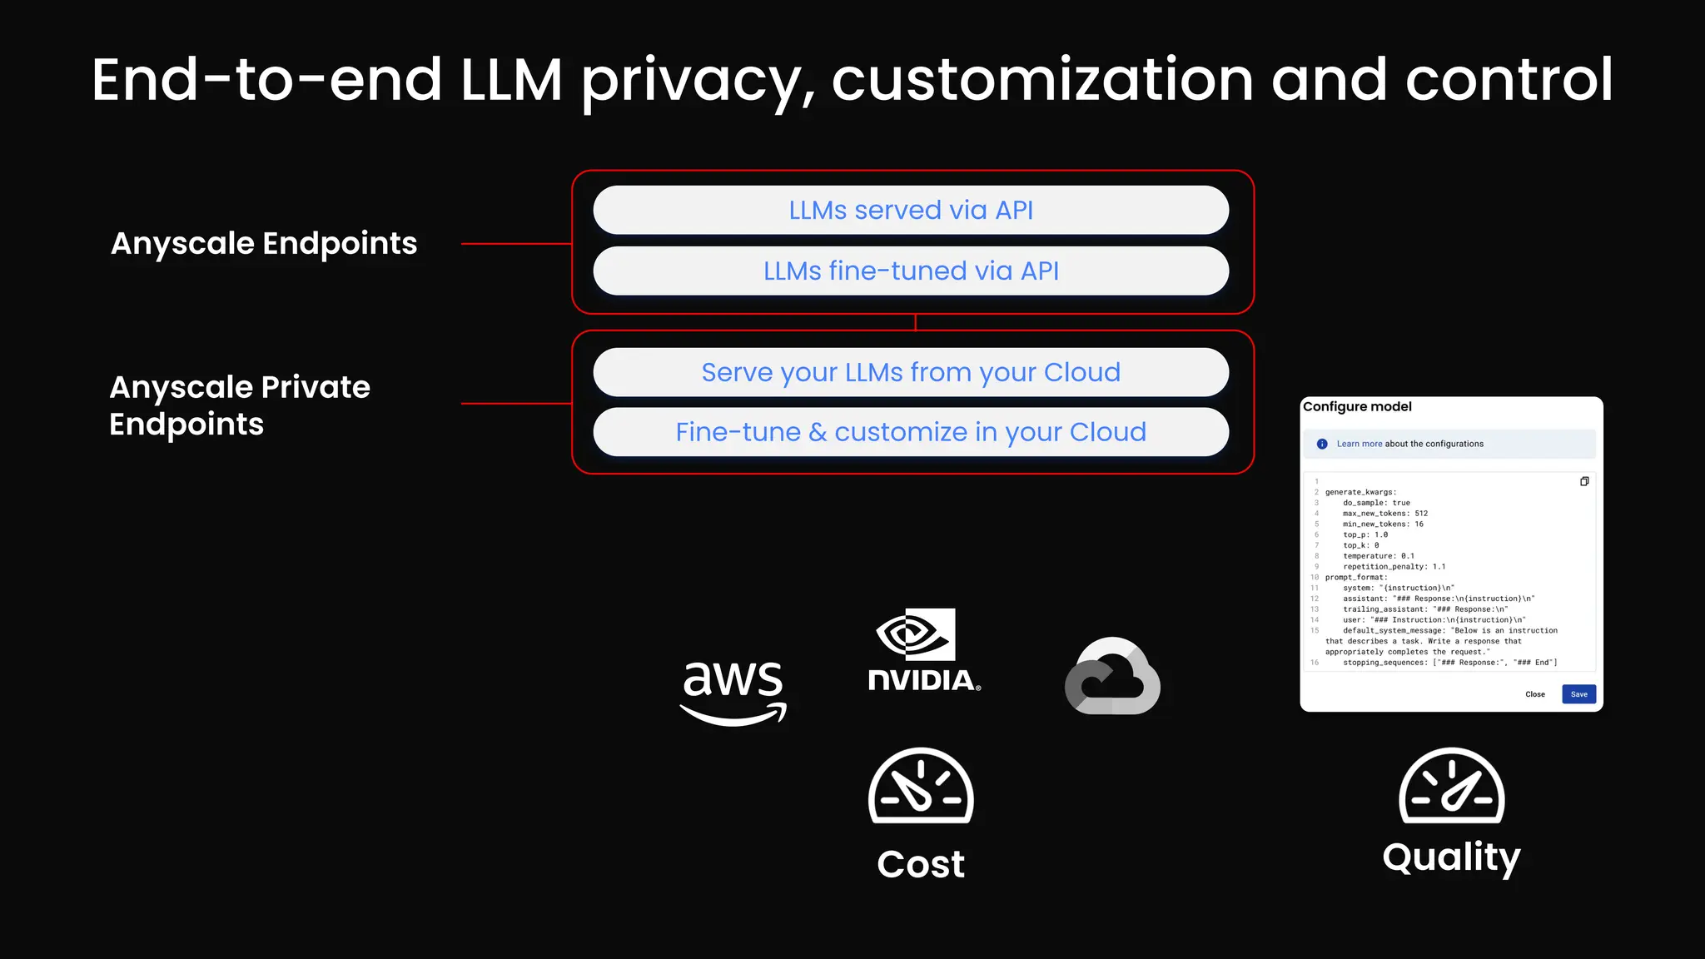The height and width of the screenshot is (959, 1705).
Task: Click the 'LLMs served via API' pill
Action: click(911, 210)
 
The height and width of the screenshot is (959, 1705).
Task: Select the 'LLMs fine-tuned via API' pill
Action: click(911, 271)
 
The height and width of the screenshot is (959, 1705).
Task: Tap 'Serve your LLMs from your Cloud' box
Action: click(911, 372)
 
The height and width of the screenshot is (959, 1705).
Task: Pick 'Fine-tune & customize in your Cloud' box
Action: click(911, 432)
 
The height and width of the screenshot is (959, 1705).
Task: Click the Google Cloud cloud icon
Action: click(1112, 676)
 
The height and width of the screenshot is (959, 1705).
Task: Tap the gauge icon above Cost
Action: click(921, 786)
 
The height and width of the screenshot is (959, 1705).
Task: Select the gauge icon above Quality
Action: click(1451, 786)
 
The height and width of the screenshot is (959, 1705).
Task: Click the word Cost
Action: click(921, 864)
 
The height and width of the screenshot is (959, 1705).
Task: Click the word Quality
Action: click(1451, 857)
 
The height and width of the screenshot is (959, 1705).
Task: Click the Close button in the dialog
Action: click(1534, 694)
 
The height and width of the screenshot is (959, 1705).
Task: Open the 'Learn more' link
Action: click(1359, 444)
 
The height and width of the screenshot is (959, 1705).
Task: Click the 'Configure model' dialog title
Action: click(1357, 406)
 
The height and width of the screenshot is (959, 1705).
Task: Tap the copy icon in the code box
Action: click(1584, 481)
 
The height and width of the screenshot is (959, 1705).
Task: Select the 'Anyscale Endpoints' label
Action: click(264, 244)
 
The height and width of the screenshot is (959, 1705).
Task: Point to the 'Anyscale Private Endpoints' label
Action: click(240, 405)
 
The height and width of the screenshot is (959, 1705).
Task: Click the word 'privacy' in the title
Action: click(698, 81)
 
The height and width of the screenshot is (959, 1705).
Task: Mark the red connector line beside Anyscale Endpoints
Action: click(516, 244)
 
